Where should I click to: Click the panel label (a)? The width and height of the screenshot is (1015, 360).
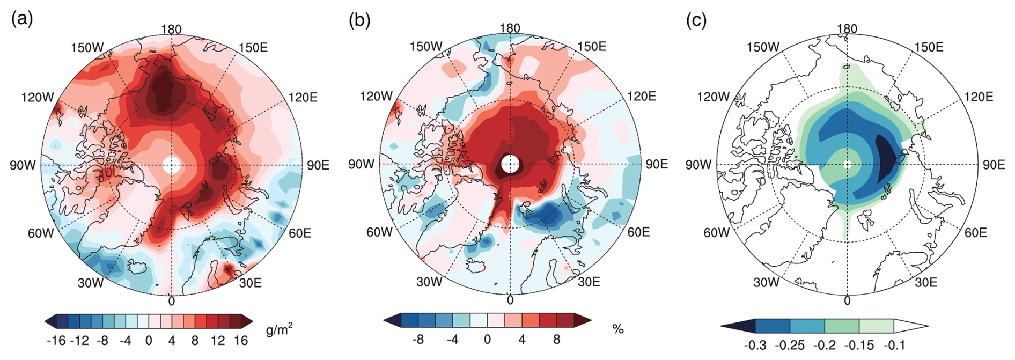coord(22,19)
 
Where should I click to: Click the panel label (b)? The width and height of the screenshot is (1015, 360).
coord(359,20)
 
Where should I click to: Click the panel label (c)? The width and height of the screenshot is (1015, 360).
coord(696,20)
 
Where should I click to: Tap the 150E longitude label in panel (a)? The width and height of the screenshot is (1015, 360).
coord(253,48)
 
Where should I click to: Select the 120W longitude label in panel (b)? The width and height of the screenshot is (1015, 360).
coord(376,97)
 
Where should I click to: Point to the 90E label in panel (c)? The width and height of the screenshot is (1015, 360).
coord(994,165)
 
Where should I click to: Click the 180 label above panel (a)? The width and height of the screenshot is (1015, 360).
coord(171,29)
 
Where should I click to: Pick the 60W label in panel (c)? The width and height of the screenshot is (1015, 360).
coord(717,233)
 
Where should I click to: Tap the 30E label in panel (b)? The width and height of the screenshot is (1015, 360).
coord(589,282)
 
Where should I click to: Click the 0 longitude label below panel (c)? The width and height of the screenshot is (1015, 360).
coord(847,301)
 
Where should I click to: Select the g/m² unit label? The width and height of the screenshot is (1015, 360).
coord(279,329)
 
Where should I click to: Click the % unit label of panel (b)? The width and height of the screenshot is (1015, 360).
coord(618,329)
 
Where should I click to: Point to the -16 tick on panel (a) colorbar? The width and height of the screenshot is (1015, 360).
coord(56,341)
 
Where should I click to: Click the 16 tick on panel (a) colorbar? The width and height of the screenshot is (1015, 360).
coord(241,341)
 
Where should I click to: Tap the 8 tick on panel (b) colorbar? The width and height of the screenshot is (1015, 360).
coord(556,340)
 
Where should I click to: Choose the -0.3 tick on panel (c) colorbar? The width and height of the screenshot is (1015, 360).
coord(755,345)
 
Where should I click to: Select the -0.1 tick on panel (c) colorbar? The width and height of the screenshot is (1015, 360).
coord(894,345)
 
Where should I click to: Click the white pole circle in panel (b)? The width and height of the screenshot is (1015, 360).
coord(510,164)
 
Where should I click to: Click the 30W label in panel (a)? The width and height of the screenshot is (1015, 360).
coord(90,283)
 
